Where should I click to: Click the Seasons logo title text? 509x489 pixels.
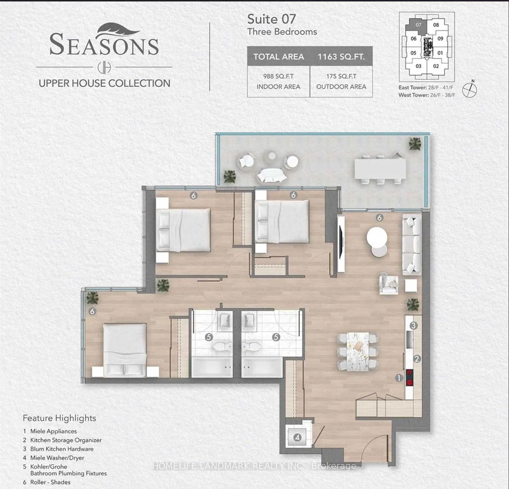coord(104,45)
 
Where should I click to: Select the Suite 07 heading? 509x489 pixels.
coord(271,19)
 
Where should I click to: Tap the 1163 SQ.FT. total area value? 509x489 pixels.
coord(341,57)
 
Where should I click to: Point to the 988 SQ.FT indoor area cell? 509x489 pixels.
coord(278,81)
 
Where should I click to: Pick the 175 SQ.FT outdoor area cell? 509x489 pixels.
coord(341,81)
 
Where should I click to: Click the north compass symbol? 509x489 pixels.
coord(469,89)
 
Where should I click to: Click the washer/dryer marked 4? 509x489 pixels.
coord(297,437)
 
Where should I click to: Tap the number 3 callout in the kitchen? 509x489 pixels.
coord(414,325)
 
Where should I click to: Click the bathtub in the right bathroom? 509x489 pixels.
coord(262,367)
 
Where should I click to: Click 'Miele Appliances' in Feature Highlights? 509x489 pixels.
coord(53,431)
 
